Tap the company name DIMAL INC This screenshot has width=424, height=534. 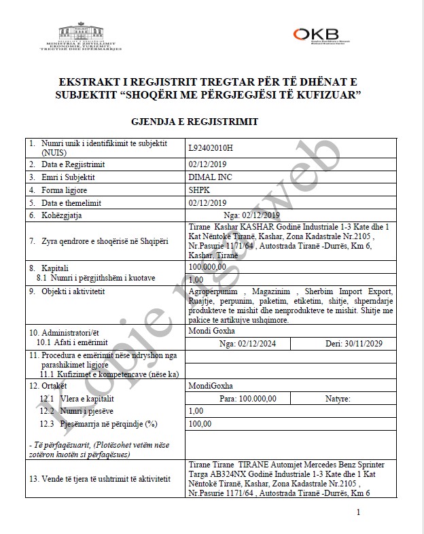click(x=208, y=177)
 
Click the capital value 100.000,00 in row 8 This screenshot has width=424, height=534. click(x=207, y=267)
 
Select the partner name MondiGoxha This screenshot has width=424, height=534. click(x=208, y=385)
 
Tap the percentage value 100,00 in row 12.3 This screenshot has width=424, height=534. click(x=200, y=423)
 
